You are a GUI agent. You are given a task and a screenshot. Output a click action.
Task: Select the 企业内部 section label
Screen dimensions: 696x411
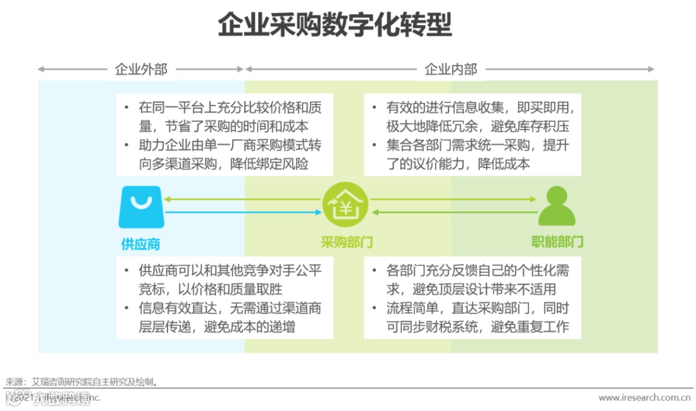point(450,69)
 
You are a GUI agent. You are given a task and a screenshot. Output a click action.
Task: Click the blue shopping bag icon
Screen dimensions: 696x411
point(140,206)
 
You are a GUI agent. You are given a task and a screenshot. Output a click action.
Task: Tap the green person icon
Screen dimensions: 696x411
point(557,206)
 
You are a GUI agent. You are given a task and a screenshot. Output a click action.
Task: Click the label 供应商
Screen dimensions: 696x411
point(140,243)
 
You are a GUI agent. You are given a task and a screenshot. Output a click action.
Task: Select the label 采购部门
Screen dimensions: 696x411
point(347,243)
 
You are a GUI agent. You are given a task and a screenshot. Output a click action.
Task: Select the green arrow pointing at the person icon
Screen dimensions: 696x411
point(452,199)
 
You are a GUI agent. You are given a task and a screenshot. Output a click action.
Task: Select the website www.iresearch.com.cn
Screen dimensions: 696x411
point(645,398)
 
